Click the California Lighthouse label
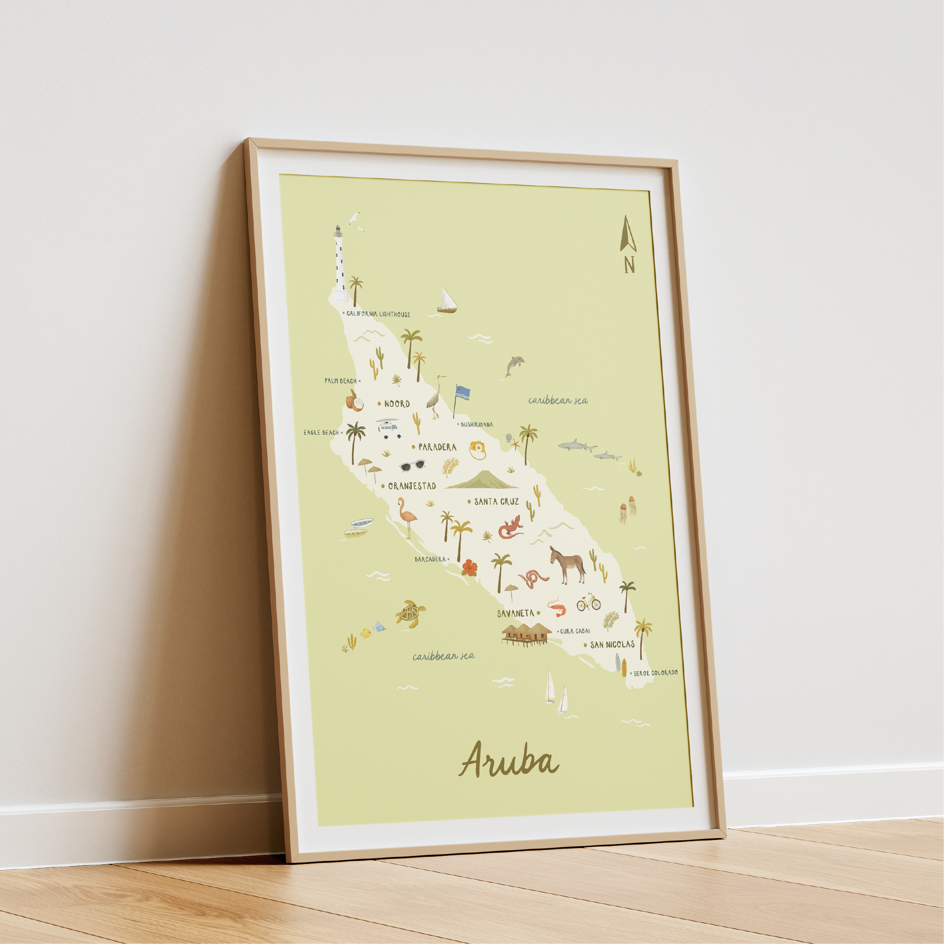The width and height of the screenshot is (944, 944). point(379,314)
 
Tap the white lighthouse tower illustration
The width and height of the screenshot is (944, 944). point(341,264)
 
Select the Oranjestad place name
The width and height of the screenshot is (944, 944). point(411,486)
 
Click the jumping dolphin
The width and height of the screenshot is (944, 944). point(514,365)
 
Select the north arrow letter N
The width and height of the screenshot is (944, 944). point(629,265)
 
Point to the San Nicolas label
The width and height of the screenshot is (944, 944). point(612,645)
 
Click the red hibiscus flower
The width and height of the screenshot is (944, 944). point(469,567)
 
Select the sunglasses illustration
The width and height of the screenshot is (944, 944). point(412,465)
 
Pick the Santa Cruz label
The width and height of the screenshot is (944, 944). point(496,501)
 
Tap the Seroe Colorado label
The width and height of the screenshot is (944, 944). point(655,673)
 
